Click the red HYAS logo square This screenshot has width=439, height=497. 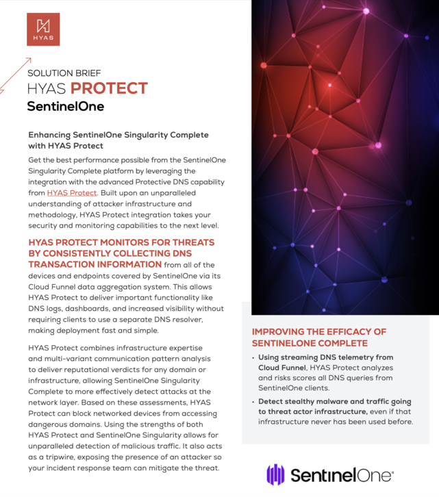pyautogui.click(x=43, y=29)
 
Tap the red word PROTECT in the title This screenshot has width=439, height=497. pyautogui.click(x=110, y=89)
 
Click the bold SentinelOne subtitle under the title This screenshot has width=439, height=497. pyautogui.click(x=65, y=107)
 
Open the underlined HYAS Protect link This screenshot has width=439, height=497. pyautogui.click(x=72, y=192)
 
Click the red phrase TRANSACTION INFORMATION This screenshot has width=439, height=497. pyautogui.click(x=95, y=264)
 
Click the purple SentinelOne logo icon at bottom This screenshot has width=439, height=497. pyautogui.click(x=275, y=474)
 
